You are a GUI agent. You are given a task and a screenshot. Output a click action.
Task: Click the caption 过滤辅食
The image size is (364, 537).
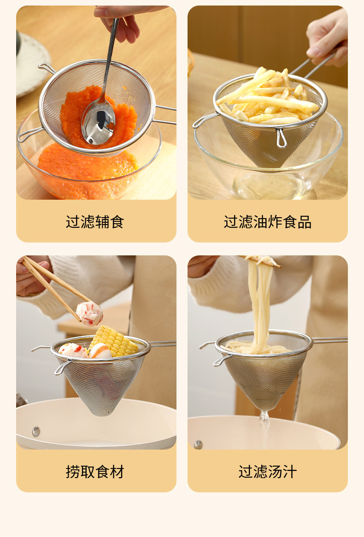[95, 222]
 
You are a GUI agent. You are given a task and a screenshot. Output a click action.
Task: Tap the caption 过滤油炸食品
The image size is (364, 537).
[267, 222]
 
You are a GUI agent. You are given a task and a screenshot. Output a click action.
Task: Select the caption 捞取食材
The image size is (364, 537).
[95, 472]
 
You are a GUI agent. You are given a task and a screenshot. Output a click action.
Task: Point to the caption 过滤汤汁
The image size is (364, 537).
[267, 472]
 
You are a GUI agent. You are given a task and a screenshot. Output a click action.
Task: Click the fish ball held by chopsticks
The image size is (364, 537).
[89, 313]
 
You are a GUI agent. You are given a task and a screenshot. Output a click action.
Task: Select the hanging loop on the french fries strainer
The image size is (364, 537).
[281, 139]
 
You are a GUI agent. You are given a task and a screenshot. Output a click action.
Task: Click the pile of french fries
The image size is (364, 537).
[267, 99]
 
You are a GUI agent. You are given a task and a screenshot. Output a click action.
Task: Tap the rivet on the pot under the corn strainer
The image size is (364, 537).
[35, 431]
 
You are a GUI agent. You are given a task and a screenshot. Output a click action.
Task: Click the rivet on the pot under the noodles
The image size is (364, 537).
[198, 445]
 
